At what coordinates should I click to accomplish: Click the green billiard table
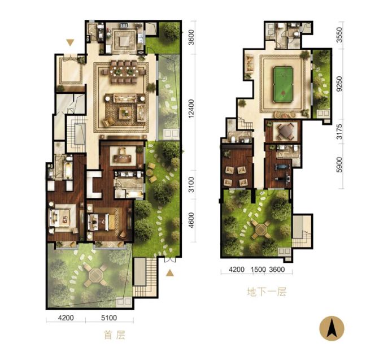point(283,85)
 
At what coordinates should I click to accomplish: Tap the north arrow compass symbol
point(332,328)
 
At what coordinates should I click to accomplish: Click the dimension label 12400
point(191,109)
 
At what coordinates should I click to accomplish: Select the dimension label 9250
point(339,84)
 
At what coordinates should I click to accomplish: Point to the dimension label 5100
point(109,318)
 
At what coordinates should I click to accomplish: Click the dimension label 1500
point(258,270)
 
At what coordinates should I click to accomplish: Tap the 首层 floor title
point(115,335)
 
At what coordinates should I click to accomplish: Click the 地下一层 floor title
point(267,292)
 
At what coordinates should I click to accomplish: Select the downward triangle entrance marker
point(70,42)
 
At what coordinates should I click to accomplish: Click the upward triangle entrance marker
point(170,273)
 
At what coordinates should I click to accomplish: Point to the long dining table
point(124,72)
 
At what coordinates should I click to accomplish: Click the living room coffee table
point(125,113)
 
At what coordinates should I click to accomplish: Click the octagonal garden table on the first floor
point(95,275)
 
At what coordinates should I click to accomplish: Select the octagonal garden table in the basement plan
point(261,228)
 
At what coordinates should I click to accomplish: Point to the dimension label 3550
point(339,35)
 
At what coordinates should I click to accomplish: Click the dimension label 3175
point(339,132)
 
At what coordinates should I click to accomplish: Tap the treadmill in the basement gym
point(281,167)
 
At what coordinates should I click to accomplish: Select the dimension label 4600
point(191,220)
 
